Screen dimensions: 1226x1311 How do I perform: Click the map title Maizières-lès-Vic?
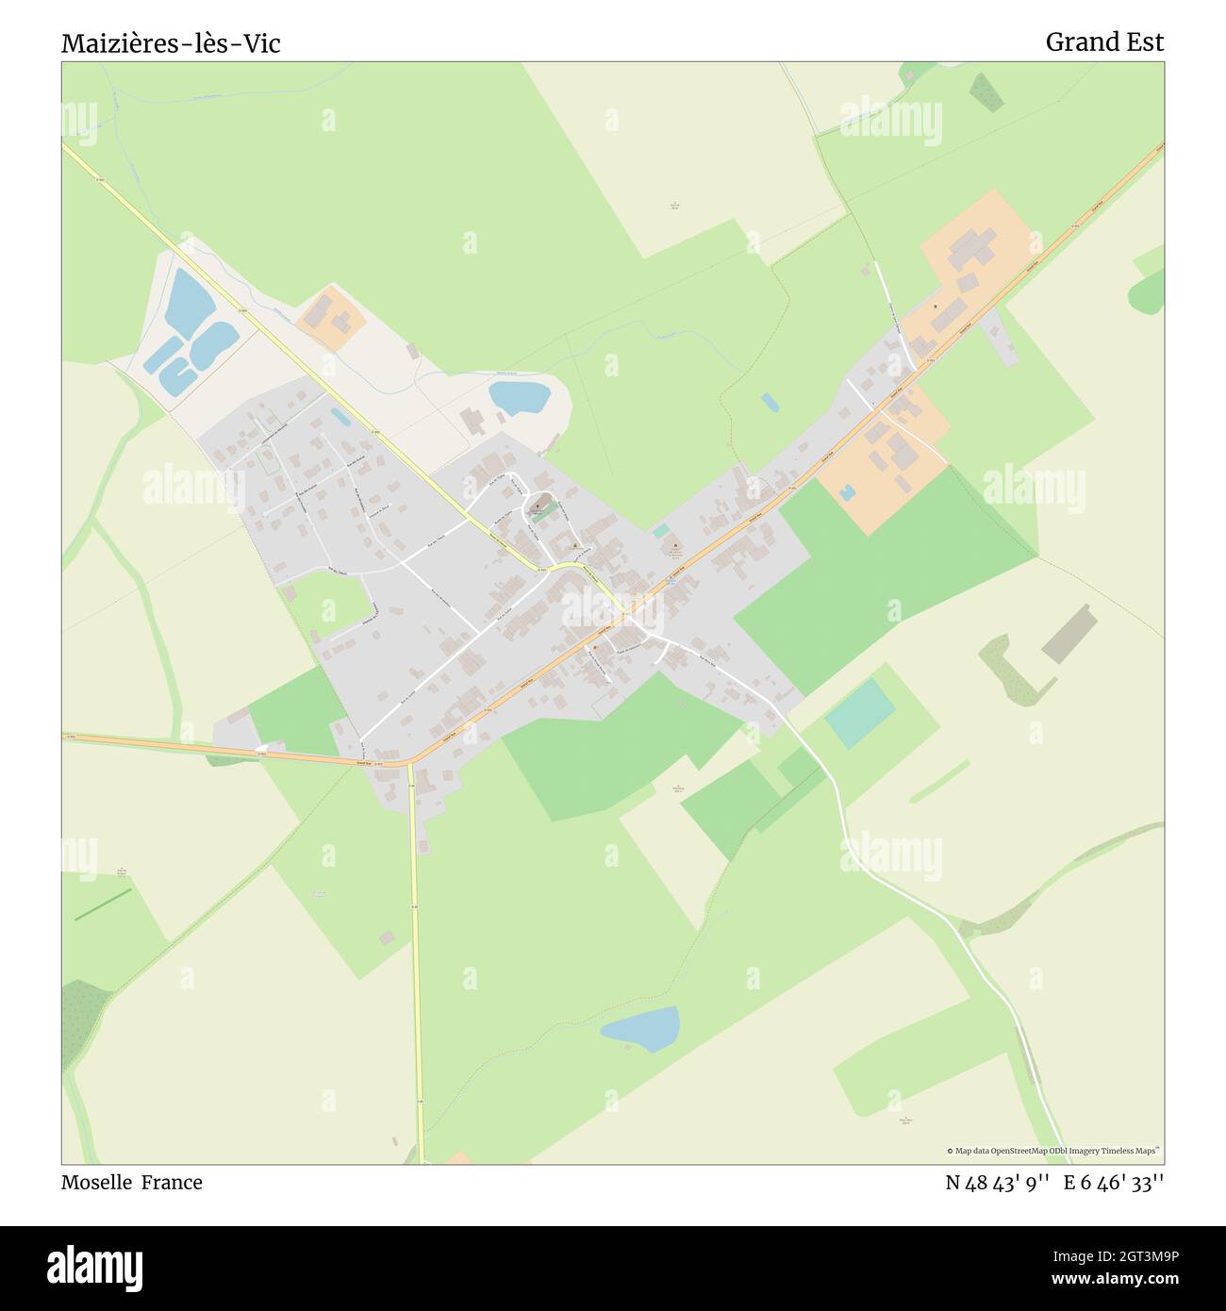point(171,43)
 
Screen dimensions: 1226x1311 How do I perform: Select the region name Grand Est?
point(1104,41)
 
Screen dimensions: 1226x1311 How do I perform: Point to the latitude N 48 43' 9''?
point(998,1183)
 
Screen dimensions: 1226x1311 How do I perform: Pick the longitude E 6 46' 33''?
point(1114,1183)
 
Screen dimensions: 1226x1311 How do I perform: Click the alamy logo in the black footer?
point(95,1267)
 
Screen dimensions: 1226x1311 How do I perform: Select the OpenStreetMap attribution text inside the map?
point(1053,1151)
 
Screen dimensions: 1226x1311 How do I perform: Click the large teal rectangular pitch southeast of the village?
point(859,714)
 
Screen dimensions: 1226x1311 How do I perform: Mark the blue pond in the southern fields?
point(641,1028)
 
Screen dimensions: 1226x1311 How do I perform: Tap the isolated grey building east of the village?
point(1069,633)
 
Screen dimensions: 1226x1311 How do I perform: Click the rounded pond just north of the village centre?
point(519,396)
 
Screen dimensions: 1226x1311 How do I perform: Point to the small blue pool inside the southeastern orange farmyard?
point(846,491)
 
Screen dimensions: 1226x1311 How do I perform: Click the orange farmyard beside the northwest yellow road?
point(331,318)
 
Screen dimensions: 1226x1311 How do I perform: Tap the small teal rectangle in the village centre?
point(661,531)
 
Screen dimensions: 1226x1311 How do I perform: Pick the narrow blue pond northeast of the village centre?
point(770,403)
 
